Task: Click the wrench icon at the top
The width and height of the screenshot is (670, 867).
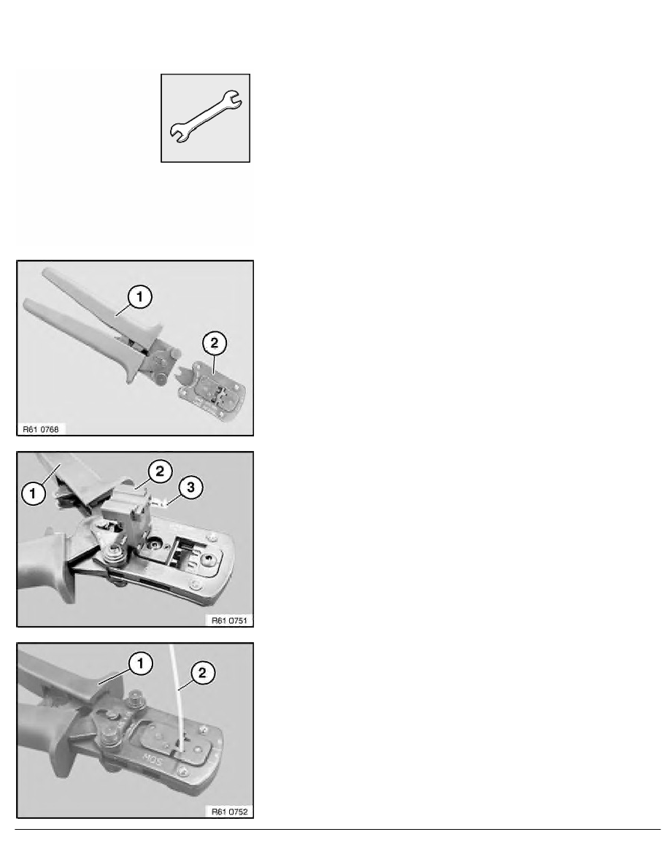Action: click(205, 117)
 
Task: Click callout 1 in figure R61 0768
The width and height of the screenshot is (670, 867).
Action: click(139, 297)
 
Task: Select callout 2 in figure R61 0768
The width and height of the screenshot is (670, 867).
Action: click(214, 344)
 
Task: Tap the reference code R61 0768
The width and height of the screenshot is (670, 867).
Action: click(40, 429)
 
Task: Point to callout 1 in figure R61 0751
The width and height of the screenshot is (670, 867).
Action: click(33, 493)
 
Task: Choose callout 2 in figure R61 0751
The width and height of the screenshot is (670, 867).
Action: click(160, 471)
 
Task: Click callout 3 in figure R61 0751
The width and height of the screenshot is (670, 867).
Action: click(190, 488)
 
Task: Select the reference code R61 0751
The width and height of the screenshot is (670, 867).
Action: click(229, 620)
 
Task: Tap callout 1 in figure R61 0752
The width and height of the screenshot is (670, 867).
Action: click(140, 663)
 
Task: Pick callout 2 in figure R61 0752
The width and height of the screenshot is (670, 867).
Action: click(201, 673)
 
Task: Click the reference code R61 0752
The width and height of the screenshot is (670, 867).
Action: click(229, 812)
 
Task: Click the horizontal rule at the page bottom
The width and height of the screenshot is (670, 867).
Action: click(338, 829)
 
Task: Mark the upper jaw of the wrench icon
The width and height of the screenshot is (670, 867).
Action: click(232, 99)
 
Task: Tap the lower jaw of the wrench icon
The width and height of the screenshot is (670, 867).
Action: click(179, 134)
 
